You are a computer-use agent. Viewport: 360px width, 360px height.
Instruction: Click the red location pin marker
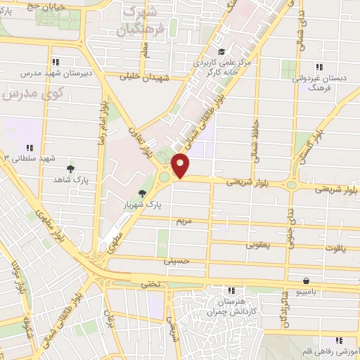[181, 165]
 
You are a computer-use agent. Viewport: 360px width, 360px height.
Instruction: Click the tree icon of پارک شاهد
[70, 169]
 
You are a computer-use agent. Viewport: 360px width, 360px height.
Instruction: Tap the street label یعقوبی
[257, 246]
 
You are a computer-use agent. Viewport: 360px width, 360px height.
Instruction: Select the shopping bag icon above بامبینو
[305, 280]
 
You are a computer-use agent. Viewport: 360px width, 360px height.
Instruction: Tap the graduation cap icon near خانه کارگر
[221, 51]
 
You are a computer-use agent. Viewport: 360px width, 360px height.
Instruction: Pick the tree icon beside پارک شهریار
[143, 194]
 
